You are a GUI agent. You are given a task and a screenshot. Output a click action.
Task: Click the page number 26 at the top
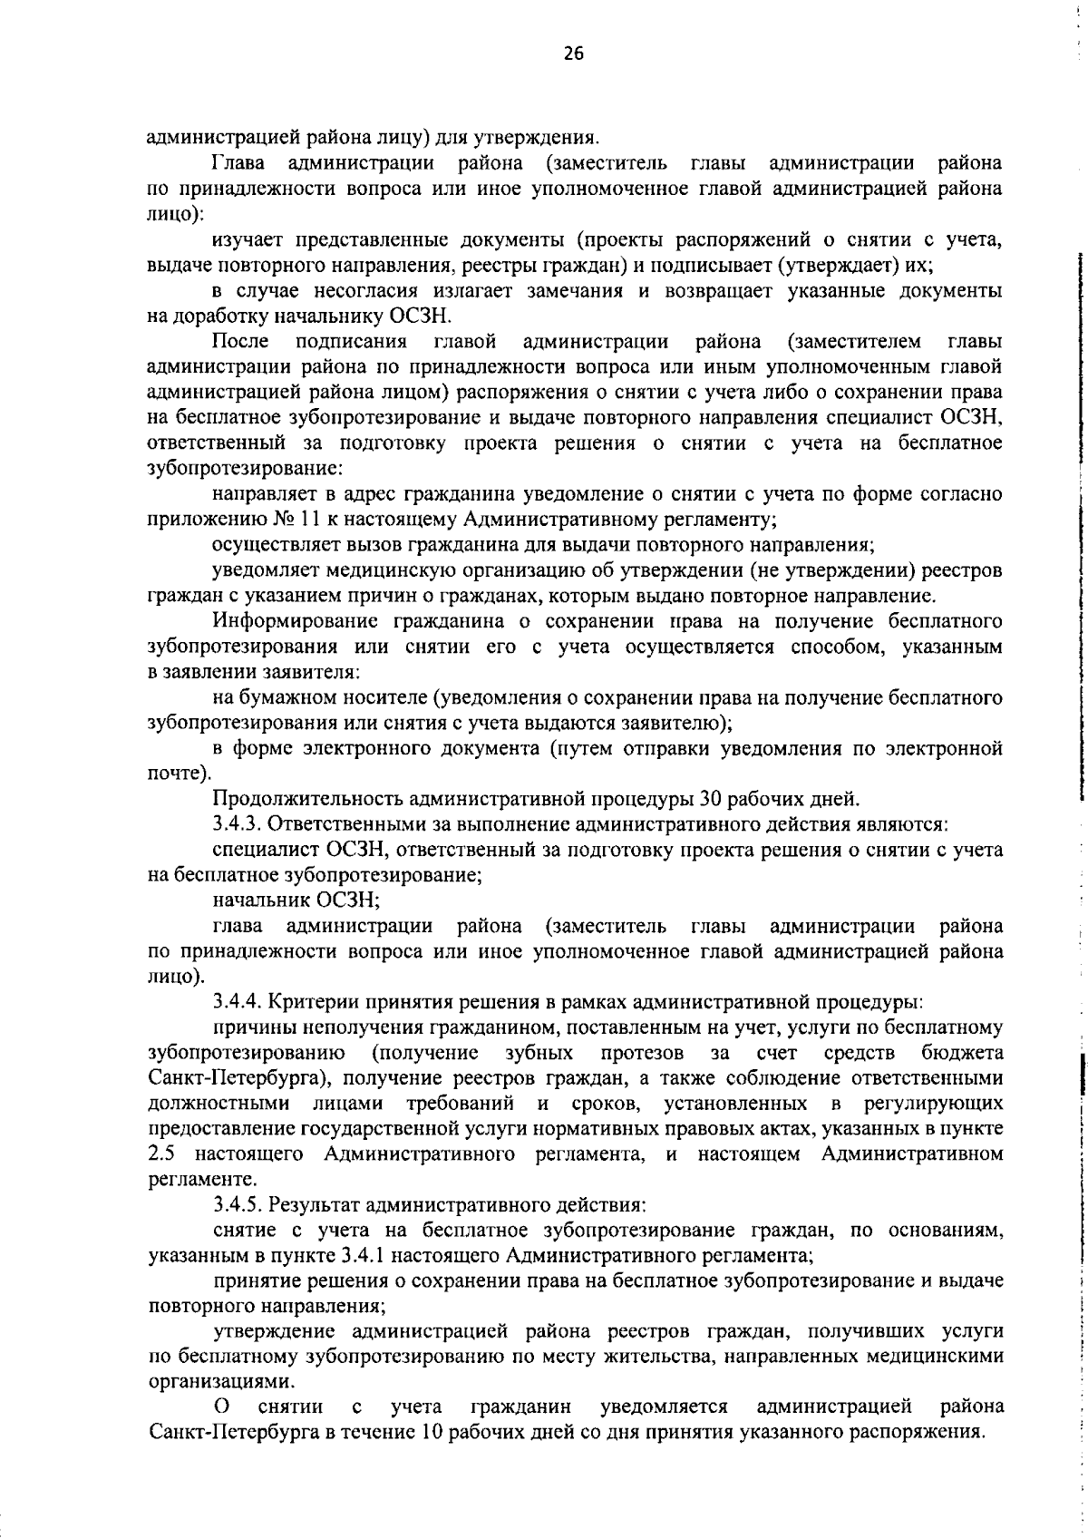click(x=573, y=54)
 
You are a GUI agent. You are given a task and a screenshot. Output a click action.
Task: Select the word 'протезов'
click(x=638, y=1053)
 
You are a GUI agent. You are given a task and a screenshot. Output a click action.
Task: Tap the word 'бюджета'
click(x=961, y=1053)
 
